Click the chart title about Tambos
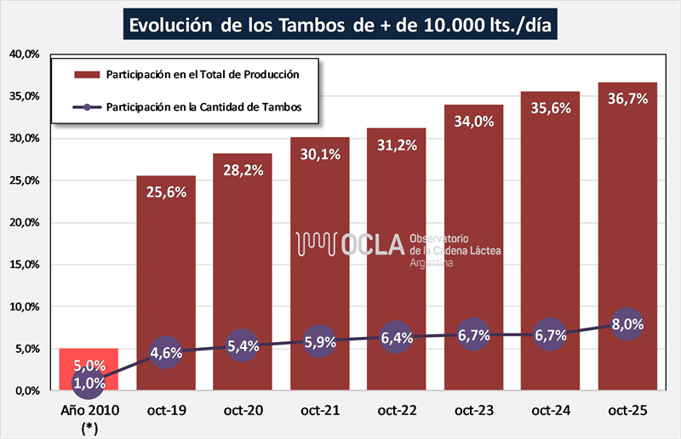(340, 25)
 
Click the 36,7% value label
(627, 99)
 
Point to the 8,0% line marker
(627, 324)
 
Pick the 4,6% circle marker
(166, 353)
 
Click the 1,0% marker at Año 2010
(89, 383)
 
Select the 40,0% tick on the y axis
(24, 54)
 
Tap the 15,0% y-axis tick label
(24, 265)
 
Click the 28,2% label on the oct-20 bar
(243, 172)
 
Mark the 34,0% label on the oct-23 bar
(473, 122)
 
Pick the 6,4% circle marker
(397, 338)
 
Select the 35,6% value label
(551, 108)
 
